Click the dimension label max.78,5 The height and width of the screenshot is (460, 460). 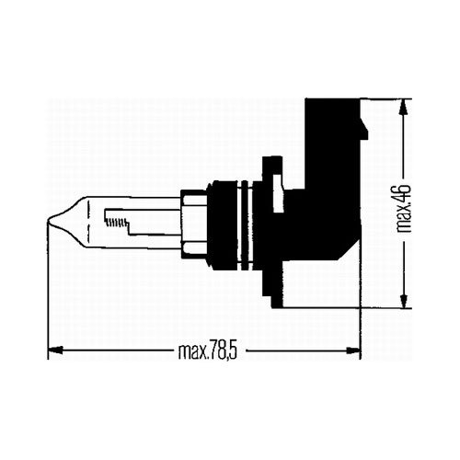click(208, 352)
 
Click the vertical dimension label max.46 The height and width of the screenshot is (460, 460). click(404, 208)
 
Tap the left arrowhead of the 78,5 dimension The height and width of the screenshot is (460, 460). click(56, 350)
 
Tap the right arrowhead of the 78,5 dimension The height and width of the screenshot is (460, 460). click(352, 350)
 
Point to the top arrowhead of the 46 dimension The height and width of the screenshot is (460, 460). click(405, 107)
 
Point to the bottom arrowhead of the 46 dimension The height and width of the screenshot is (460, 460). click(405, 300)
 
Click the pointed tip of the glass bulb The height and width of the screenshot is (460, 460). click(49, 220)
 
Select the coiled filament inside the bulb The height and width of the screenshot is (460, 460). click(116, 222)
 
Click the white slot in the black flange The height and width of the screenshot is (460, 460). click(278, 193)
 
